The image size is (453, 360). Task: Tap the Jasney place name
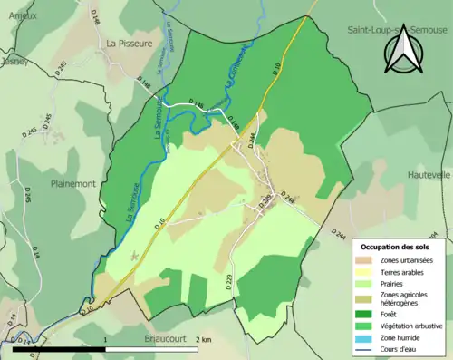pyautogui.click(x=14, y=63)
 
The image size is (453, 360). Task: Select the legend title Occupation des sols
pyautogui.click(x=395, y=247)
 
